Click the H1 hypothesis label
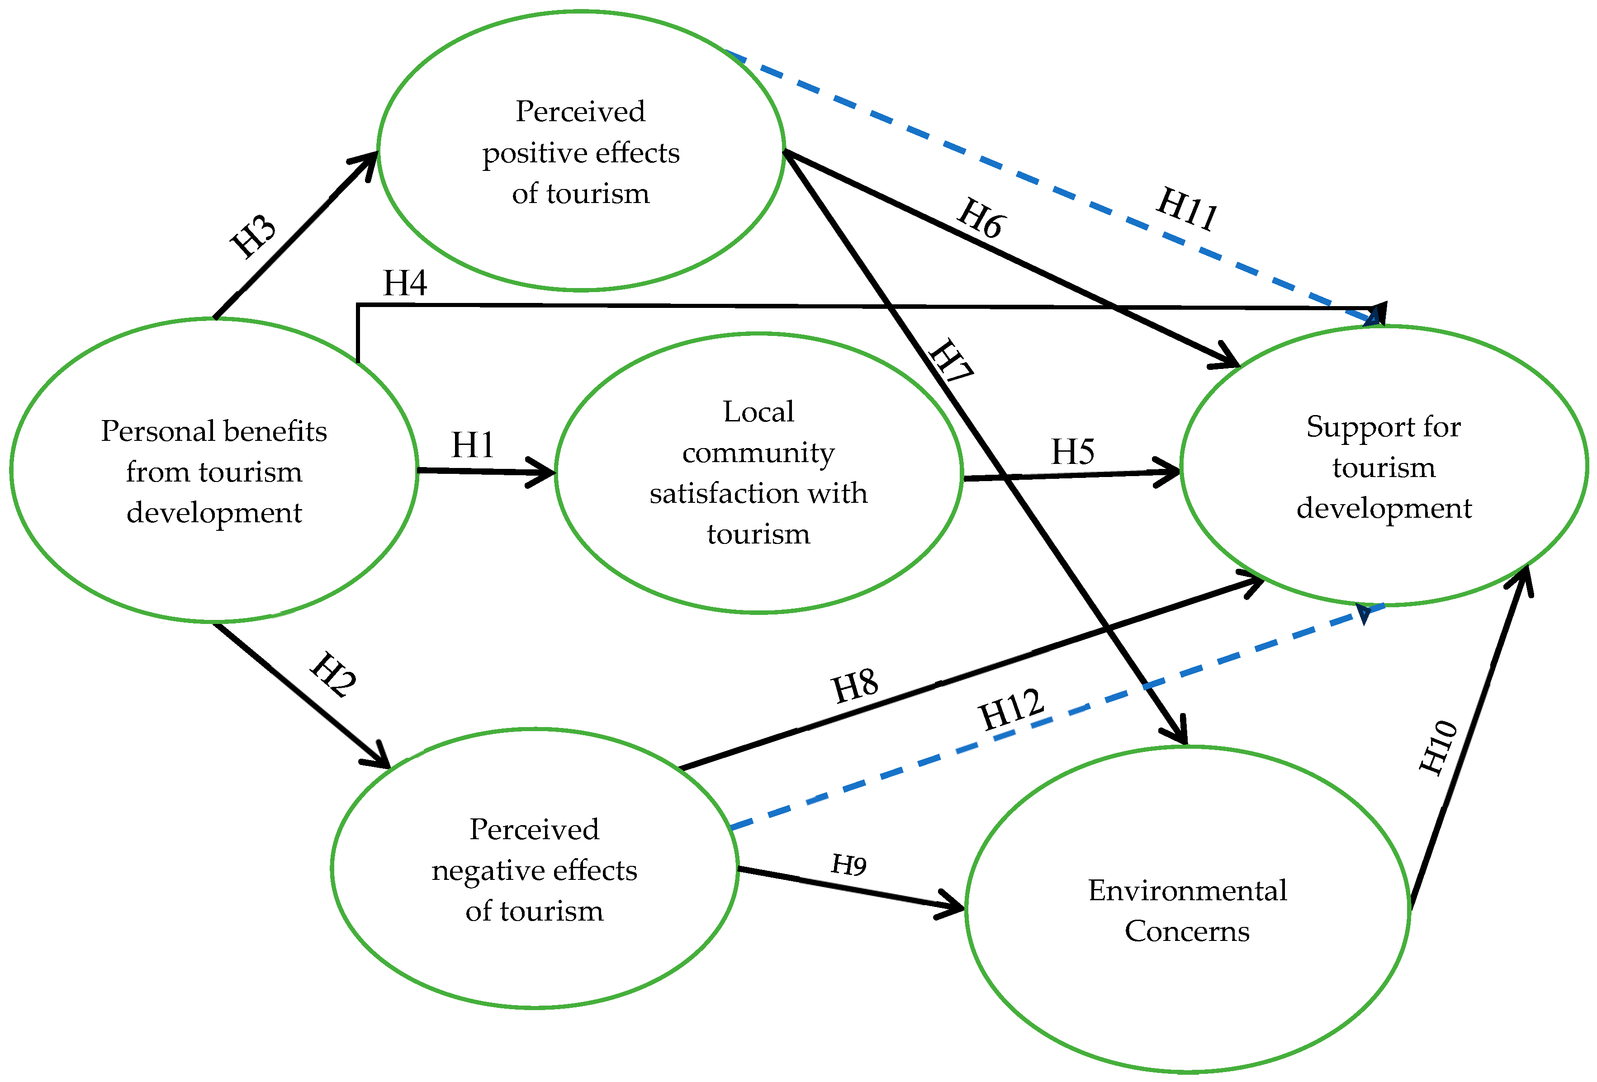click(x=473, y=445)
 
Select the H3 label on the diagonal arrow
click(x=253, y=236)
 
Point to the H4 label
click(x=405, y=283)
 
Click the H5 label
click(x=1073, y=452)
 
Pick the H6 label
click(x=981, y=218)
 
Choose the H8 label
click(x=855, y=685)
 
